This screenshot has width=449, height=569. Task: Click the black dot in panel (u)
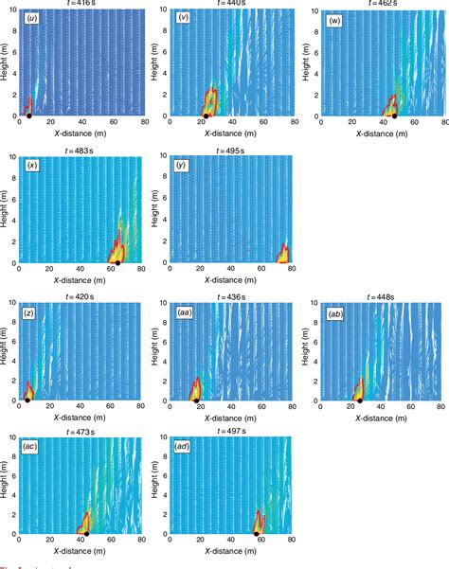[28, 116]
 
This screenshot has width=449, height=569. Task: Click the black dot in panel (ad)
[258, 534]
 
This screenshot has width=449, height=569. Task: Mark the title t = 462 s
[372, 5]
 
